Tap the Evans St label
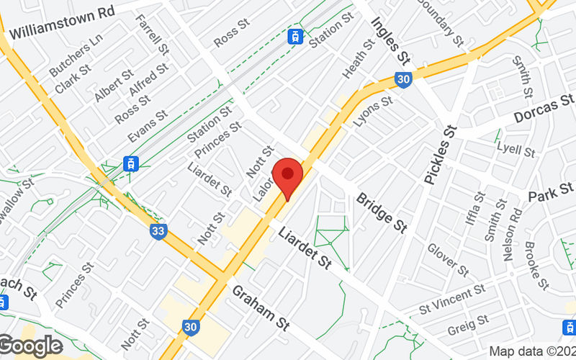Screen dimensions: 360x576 (x=147, y=125)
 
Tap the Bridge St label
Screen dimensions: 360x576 (x=382, y=212)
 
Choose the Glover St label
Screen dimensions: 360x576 (x=447, y=259)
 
